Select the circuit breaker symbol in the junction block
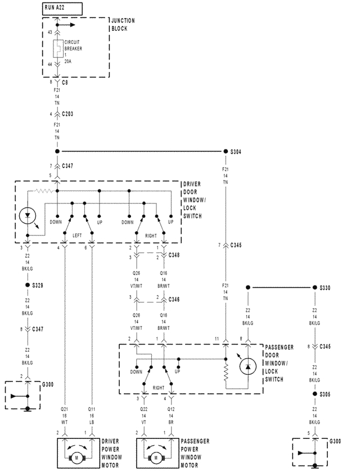click(57, 49)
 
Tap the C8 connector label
click(66, 81)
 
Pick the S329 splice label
click(38, 286)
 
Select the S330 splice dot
click(315, 288)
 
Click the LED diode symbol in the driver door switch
click(28, 216)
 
